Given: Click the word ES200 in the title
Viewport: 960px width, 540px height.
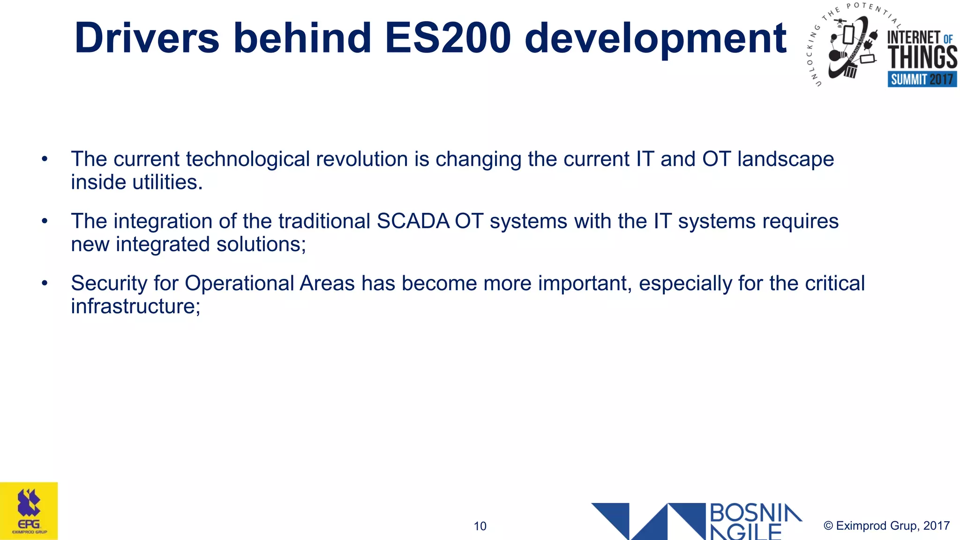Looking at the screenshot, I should [448, 38].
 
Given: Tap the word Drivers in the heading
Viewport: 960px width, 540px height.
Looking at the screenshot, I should [147, 38].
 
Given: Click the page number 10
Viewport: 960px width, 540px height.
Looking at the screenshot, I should [480, 526].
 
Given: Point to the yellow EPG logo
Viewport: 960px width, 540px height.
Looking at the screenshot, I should [29, 511].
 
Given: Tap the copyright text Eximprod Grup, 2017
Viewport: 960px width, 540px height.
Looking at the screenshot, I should [886, 525].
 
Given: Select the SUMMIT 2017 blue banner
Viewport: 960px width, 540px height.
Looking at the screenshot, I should [922, 79].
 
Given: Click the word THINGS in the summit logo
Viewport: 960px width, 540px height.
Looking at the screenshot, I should [922, 58].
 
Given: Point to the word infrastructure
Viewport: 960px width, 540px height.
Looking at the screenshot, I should [135, 307].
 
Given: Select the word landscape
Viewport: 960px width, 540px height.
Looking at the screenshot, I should [786, 159].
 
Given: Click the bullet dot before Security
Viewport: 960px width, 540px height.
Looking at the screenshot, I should [45, 283].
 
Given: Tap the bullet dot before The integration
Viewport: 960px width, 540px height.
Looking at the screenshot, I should [45, 221].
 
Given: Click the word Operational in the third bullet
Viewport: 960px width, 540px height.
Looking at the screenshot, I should [239, 284].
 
